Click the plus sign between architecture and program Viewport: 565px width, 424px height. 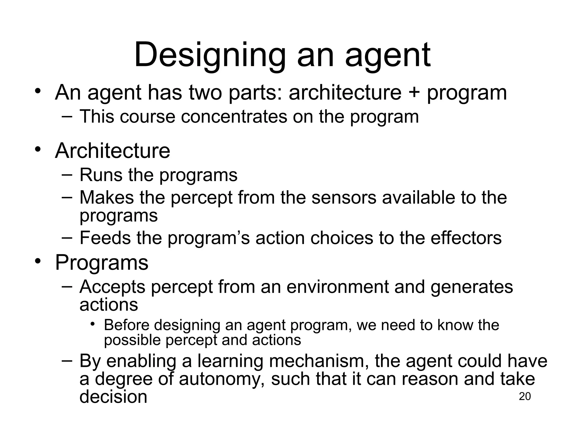tap(414, 93)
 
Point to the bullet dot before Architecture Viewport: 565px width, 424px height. tap(38, 150)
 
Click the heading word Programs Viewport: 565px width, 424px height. tap(102, 263)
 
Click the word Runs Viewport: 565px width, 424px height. tap(101, 175)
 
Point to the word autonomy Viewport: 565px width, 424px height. tap(223, 379)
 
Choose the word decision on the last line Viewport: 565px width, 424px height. tap(113, 397)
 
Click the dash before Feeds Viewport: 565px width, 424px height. tap(67, 237)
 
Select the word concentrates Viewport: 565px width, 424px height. tap(234, 116)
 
